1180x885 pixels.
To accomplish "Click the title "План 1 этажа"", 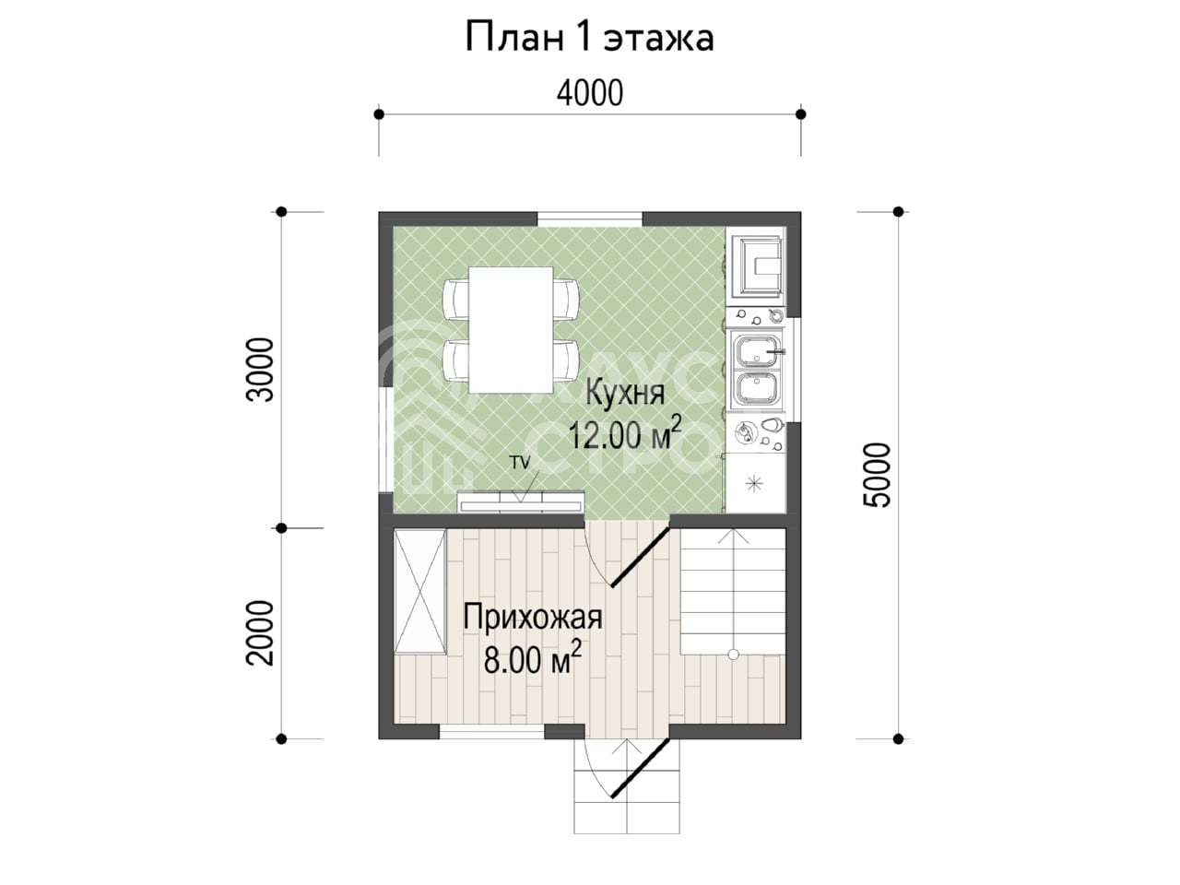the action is [x=589, y=38].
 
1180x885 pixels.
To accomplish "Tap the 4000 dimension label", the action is [x=590, y=93].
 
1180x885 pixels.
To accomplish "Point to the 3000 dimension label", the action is [x=260, y=370].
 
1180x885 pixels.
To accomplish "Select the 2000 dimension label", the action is [x=260, y=633].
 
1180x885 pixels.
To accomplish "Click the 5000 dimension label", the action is [x=877, y=475].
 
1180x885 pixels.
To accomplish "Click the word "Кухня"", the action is [x=625, y=393].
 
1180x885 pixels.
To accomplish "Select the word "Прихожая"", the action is [x=533, y=617].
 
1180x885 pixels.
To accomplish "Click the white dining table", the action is [x=511, y=330].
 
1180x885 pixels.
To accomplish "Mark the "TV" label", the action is [x=520, y=463].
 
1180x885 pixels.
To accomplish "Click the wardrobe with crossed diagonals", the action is [x=419, y=591].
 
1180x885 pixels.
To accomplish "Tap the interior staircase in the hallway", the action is [x=733, y=591].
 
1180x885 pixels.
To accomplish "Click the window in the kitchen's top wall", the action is [x=590, y=219].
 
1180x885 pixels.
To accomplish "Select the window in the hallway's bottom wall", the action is [x=492, y=731].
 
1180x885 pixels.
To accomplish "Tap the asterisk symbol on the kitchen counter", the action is [x=755, y=484].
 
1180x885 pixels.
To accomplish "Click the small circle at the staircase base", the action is [x=733, y=654].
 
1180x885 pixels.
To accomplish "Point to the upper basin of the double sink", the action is [x=756, y=348].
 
